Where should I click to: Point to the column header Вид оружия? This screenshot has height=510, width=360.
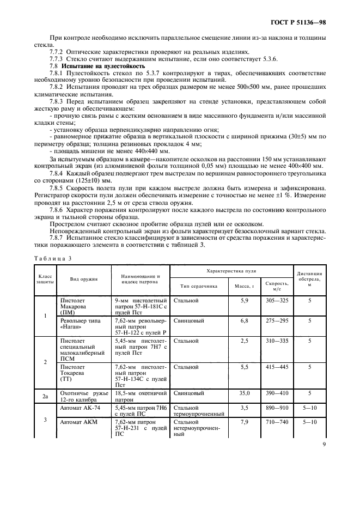[x=83, y=279]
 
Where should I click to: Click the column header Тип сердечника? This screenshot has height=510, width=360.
[x=196, y=285]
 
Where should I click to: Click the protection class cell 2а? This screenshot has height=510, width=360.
[x=45, y=396]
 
